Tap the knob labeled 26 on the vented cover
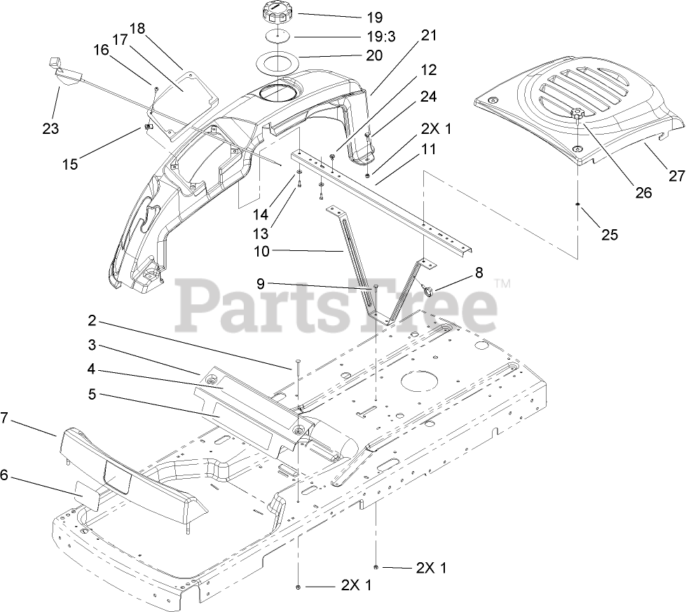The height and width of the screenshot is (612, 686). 577,114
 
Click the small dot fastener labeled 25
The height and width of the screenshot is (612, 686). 577,204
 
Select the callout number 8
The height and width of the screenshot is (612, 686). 479,273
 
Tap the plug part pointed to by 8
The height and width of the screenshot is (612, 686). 428,289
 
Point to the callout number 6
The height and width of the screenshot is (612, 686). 5,475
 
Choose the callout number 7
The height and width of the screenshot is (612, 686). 5,419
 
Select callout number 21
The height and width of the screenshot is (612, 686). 428,34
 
